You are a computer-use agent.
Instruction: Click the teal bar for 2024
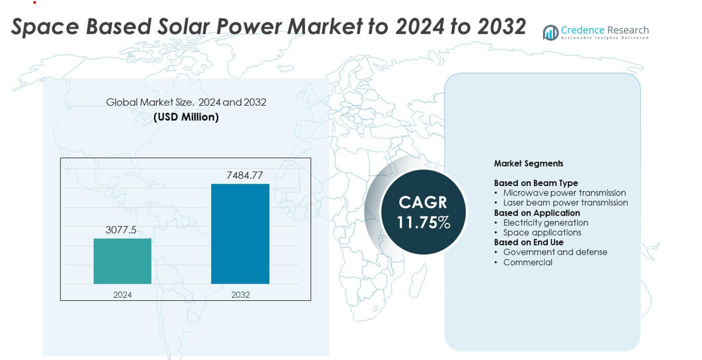tap(122, 261)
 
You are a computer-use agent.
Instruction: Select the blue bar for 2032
tap(240, 234)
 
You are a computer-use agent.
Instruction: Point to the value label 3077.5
tap(121, 230)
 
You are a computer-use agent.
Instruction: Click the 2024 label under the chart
tap(122, 295)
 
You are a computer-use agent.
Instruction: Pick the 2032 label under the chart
tap(240, 295)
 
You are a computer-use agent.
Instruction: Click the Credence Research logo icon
tap(550, 33)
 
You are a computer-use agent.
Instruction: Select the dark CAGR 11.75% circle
tap(423, 212)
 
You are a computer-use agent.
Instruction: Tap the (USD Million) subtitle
tap(186, 117)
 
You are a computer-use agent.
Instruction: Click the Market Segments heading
tap(528, 164)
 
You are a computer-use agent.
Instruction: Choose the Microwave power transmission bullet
tap(564, 193)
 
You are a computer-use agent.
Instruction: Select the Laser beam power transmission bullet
tap(565, 203)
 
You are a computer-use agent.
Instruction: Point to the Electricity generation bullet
tap(546, 223)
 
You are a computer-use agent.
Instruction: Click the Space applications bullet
tap(542, 233)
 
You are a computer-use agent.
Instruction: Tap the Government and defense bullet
tap(555, 252)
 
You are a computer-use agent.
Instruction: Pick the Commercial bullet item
tap(527, 262)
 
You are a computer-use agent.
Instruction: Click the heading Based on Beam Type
tap(536, 183)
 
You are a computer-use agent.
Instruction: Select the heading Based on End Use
tap(529, 242)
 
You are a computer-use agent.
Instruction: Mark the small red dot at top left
tap(34, 2)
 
